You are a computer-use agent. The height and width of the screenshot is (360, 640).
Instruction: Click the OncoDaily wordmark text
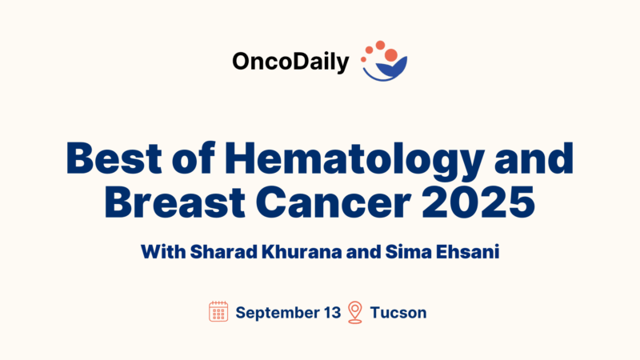pyautogui.click(x=290, y=62)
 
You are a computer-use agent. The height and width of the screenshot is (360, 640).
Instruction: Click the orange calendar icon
pyautogui.click(x=218, y=312)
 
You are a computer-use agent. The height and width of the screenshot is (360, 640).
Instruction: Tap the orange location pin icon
pyautogui.click(x=355, y=312)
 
